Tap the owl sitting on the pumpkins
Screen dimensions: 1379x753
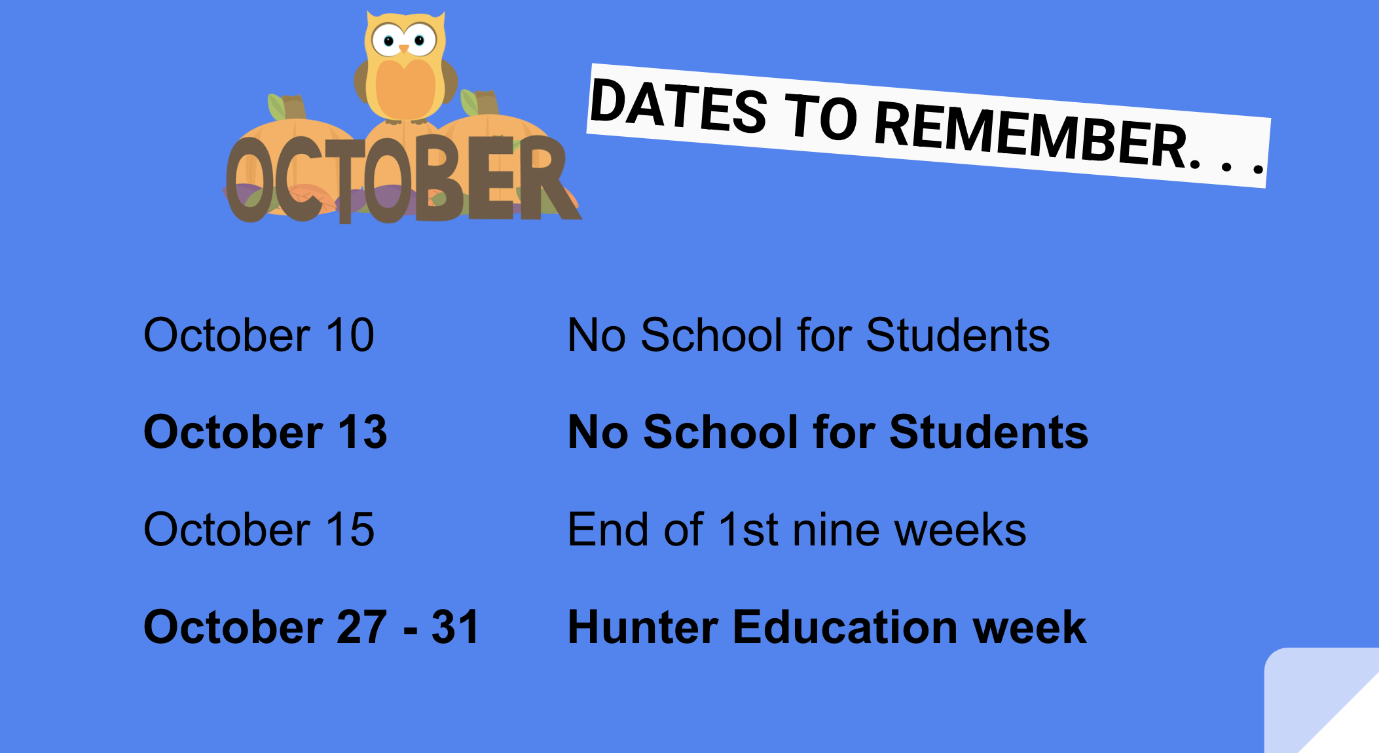pyautogui.click(x=405, y=67)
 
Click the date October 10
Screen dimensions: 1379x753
pyautogui.click(x=259, y=335)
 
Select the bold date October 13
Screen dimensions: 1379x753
pyautogui.click(x=265, y=432)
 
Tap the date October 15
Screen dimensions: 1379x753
pyautogui.click(x=259, y=529)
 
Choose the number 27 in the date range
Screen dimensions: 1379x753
pyautogui.click(x=361, y=627)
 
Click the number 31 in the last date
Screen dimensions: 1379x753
pyautogui.click(x=455, y=627)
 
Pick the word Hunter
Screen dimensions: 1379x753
pyautogui.click(x=643, y=627)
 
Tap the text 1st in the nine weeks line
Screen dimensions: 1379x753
pyautogui.click(x=748, y=529)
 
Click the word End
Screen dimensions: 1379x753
pyautogui.click(x=610, y=529)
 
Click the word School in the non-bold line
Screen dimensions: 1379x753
pyautogui.click(x=711, y=335)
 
